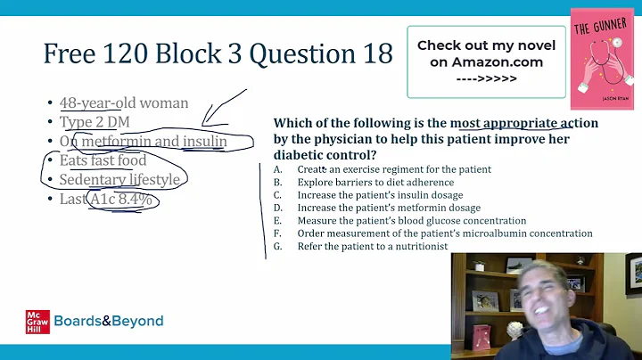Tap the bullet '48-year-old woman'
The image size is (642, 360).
(x=124, y=102)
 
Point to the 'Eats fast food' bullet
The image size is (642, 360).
(x=103, y=160)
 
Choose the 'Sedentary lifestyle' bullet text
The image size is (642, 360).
(x=119, y=180)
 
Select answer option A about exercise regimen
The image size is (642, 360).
(x=394, y=169)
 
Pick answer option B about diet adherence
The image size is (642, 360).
(x=375, y=183)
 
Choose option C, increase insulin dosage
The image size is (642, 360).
(x=381, y=195)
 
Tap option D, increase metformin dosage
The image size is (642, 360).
(x=387, y=208)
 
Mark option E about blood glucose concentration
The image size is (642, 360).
(x=412, y=220)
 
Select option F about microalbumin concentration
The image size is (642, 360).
(x=445, y=233)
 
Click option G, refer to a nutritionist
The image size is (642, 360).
(x=373, y=246)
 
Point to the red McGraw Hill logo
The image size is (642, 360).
(x=37, y=322)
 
